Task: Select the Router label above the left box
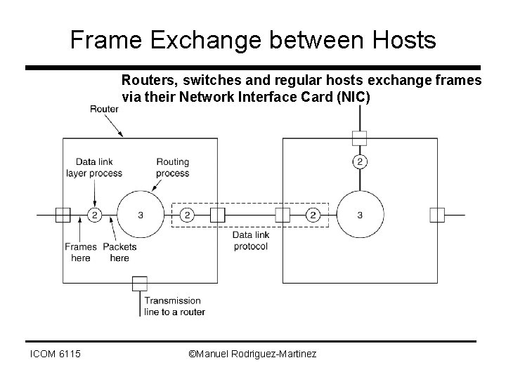click(x=103, y=108)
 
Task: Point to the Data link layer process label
click(x=94, y=167)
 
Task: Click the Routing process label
click(x=172, y=167)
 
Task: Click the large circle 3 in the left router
click(x=141, y=215)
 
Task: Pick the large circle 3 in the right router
click(x=360, y=215)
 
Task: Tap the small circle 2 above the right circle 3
click(x=360, y=162)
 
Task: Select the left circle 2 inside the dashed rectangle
click(x=187, y=215)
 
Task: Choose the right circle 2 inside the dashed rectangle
click(x=314, y=215)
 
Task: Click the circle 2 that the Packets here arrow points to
click(x=94, y=215)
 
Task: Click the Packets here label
click(x=119, y=252)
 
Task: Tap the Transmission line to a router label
click(x=173, y=306)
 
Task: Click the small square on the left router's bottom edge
click(x=139, y=283)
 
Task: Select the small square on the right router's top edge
click(x=360, y=137)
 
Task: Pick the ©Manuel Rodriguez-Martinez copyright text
click(x=253, y=354)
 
